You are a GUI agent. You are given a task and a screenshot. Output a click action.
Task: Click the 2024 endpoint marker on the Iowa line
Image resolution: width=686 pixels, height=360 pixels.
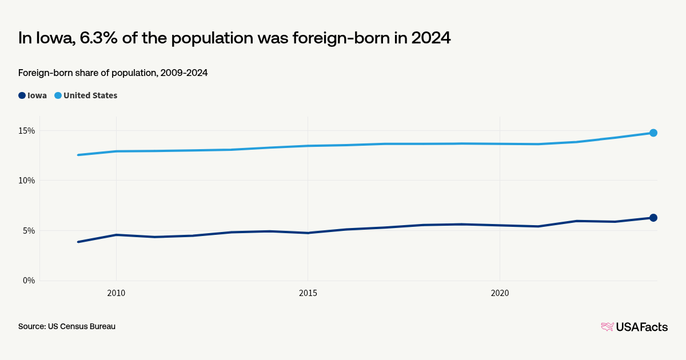[x=653, y=218]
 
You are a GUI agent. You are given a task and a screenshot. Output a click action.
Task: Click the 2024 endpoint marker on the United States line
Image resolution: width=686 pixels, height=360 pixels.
[x=653, y=133]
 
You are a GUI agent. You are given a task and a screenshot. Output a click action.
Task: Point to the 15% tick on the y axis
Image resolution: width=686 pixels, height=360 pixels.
[x=26, y=130]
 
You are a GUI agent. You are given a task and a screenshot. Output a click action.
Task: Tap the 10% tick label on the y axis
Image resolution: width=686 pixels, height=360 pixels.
[x=26, y=181]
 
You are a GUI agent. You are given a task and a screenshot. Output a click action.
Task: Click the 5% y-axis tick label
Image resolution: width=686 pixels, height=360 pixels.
[x=29, y=231]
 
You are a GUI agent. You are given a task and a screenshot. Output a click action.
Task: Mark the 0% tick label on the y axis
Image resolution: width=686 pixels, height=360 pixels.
[x=29, y=281]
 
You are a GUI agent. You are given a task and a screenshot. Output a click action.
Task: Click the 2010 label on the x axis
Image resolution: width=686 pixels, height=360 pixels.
[x=116, y=293]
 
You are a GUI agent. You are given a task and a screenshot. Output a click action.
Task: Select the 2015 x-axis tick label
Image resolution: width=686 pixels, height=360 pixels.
[x=308, y=293]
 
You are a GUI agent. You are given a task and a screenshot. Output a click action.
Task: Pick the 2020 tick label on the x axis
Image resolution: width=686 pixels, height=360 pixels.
[x=500, y=293]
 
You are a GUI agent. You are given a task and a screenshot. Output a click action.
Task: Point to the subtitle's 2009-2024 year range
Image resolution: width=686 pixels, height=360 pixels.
[x=184, y=73]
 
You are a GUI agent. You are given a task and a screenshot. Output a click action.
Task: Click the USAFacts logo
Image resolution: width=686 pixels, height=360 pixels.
[x=634, y=327]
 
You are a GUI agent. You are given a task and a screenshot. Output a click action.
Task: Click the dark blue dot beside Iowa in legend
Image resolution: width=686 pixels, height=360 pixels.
[x=22, y=95]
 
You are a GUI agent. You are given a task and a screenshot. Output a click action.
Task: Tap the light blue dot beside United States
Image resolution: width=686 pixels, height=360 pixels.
[x=58, y=95]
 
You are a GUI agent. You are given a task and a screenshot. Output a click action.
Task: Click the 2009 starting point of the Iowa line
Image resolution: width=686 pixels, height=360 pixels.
[x=78, y=242]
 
